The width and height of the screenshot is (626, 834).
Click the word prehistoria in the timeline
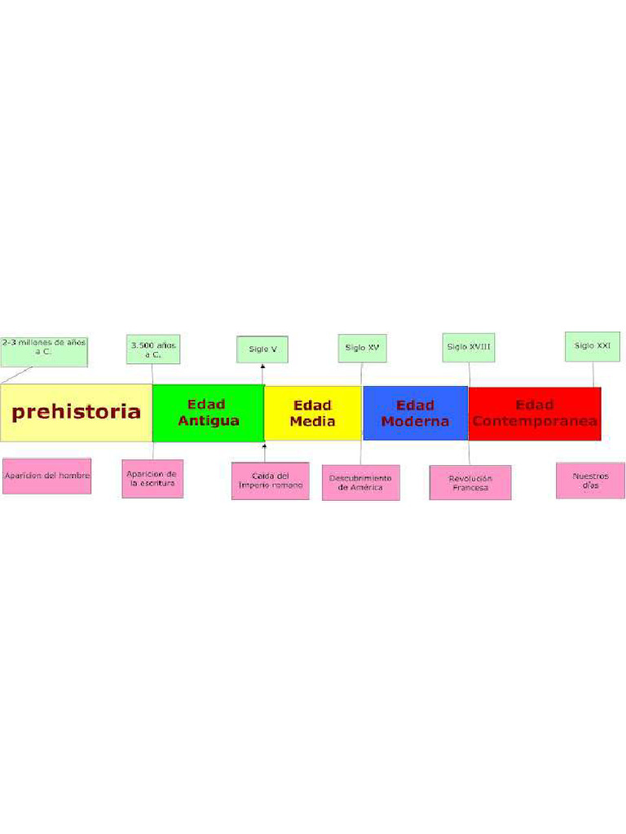[76, 411]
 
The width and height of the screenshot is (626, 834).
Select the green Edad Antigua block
[209, 413]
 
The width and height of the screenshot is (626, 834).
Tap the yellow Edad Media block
[313, 413]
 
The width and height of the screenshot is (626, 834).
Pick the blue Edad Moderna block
[415, 413]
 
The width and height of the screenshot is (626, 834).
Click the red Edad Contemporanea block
[535, 414]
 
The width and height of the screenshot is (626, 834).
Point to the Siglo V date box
[262, 349]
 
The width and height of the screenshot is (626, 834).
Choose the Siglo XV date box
[363, 348]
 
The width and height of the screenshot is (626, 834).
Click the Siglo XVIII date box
[469, 347]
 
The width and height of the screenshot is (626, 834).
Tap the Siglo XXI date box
[593, 346]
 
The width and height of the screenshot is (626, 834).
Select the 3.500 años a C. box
[153, 349]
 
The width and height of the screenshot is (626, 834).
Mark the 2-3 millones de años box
[44, 352]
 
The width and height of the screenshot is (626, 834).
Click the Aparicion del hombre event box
[46, 476]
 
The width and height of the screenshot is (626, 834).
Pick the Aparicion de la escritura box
[152, 479]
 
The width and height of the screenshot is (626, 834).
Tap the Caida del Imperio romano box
[271, 481]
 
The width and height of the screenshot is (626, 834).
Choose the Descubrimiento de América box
[361, 482]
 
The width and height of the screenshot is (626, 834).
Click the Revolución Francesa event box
[470, 482]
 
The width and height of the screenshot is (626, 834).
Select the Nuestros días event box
[590, 481]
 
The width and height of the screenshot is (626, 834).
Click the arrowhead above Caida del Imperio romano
[264, 445]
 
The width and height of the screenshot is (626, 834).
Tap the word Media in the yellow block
[313, 421]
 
